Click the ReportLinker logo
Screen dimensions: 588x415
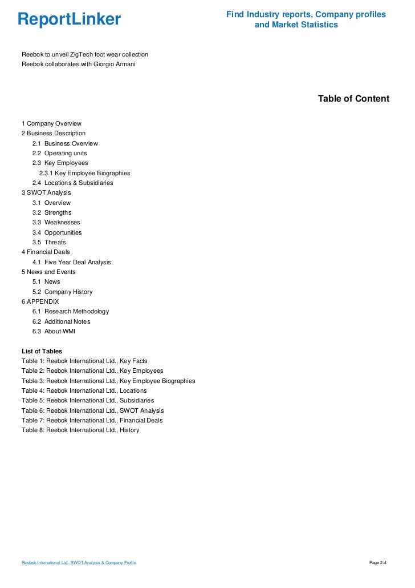point(69,20)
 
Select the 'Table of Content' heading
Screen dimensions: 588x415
point(353,99)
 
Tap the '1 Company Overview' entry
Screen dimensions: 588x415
point(51,123)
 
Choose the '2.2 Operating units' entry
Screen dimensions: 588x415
point(59,153)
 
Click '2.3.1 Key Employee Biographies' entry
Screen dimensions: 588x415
point(84,173)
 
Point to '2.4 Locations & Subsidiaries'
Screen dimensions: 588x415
point(72,183)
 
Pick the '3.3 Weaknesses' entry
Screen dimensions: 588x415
point(56,222)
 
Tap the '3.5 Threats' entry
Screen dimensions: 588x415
point(49,242)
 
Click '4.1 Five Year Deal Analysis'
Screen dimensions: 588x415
point(71,262)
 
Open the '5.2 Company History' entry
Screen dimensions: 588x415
point(62,292)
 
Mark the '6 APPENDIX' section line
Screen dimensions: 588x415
point(40,301)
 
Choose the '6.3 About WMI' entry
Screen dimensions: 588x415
point(54,331)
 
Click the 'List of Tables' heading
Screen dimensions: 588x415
point(42,351)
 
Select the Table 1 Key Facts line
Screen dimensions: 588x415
point(84,361)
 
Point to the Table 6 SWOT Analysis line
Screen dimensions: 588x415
point(92,410)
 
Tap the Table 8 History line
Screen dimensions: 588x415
point(80,430)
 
